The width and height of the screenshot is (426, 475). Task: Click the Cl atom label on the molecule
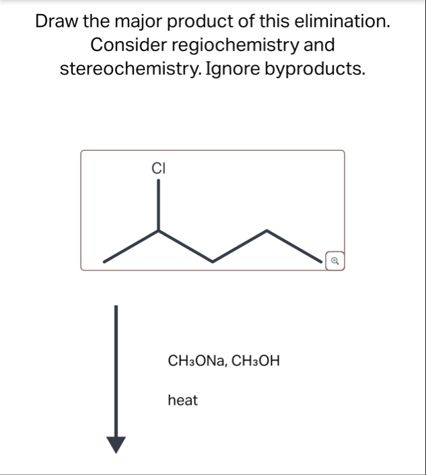(159, 168)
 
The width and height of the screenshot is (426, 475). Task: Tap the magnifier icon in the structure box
(334, 260)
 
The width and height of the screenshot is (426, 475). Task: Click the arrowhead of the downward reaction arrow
(116, 445)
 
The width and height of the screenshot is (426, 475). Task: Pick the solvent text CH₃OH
(256, 361)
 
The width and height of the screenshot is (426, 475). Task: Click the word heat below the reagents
(182, 401)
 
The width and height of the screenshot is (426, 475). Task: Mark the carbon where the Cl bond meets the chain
(159, 231)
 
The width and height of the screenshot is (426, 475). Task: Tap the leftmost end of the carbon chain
(104, 261)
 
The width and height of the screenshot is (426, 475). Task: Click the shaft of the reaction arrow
(116, 370)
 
